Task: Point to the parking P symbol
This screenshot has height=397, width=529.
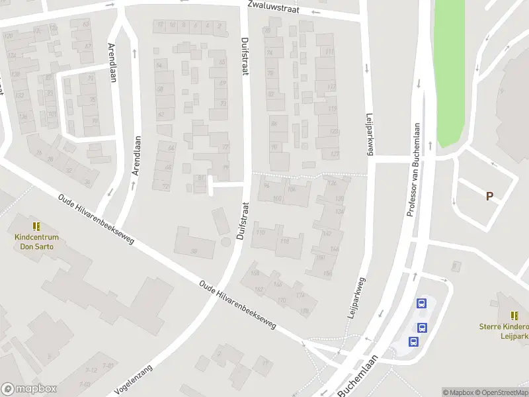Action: pyautogui.click(x=489, y=196)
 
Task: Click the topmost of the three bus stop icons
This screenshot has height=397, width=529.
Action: pyautogui.click(x=421, y=304)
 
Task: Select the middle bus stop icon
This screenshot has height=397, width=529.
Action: pyautogui.click(x=421, y=327)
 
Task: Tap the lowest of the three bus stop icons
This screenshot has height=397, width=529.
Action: pyautogui.click(x=413, y=341)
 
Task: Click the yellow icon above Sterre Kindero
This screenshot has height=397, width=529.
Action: pyautogui.click(x=514, y=316)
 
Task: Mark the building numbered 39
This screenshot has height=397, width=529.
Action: pyautogui.click(x=194, y=251)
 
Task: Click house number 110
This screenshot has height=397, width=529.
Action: pyautogui.click(x=260, y=232)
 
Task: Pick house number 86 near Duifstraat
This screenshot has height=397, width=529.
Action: pyautogui.click(x=274, y=123)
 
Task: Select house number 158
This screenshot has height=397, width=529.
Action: pyautogui.click(x=255, y=274)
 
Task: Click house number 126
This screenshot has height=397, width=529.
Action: pyautogui.click(x=332, y=183)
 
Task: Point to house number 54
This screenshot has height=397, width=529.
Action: pyautogui.click(x=159, y=65)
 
